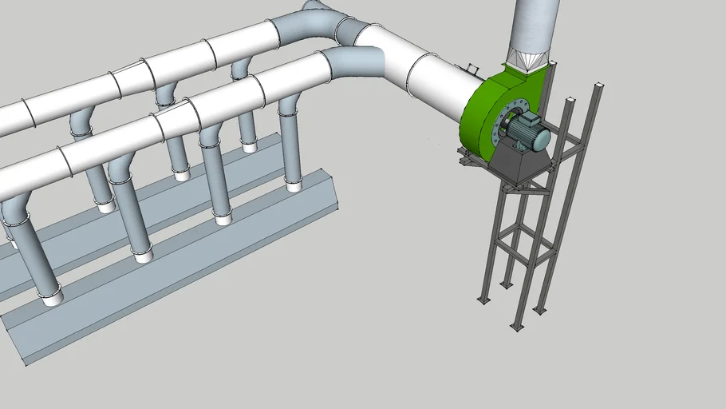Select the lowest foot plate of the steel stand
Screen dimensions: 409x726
(x=518, y=326)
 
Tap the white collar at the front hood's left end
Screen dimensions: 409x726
(x=52, y=298)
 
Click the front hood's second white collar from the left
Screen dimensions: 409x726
(x=143, y=255)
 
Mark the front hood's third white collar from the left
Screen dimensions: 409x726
(x=223, y=217)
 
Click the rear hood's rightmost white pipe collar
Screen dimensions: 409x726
(x=250, y=147)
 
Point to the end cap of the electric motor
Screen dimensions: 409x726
(x=542, y=140)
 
